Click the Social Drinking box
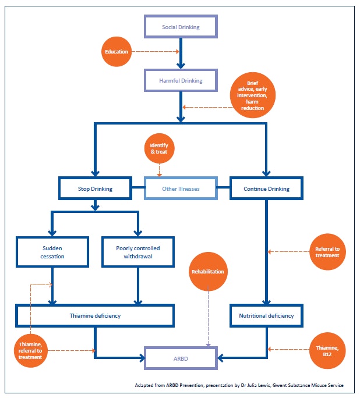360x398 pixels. click(181, 27)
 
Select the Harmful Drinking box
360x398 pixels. click(181, 81)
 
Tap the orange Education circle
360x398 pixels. click(117, 52)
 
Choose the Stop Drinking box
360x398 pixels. click(95, 189)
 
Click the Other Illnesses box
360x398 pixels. click(181, 189)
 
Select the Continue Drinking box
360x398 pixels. click(266, 189)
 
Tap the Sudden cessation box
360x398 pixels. click(52, 252)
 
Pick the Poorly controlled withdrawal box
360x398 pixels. click(138, 252)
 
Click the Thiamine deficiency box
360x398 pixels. click(95, 316)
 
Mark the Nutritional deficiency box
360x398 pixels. click(266, 316)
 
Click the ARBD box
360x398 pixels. click(181, 358)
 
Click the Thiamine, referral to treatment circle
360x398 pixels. click(30, 350)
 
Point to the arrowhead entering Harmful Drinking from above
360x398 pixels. click(181, 66)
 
